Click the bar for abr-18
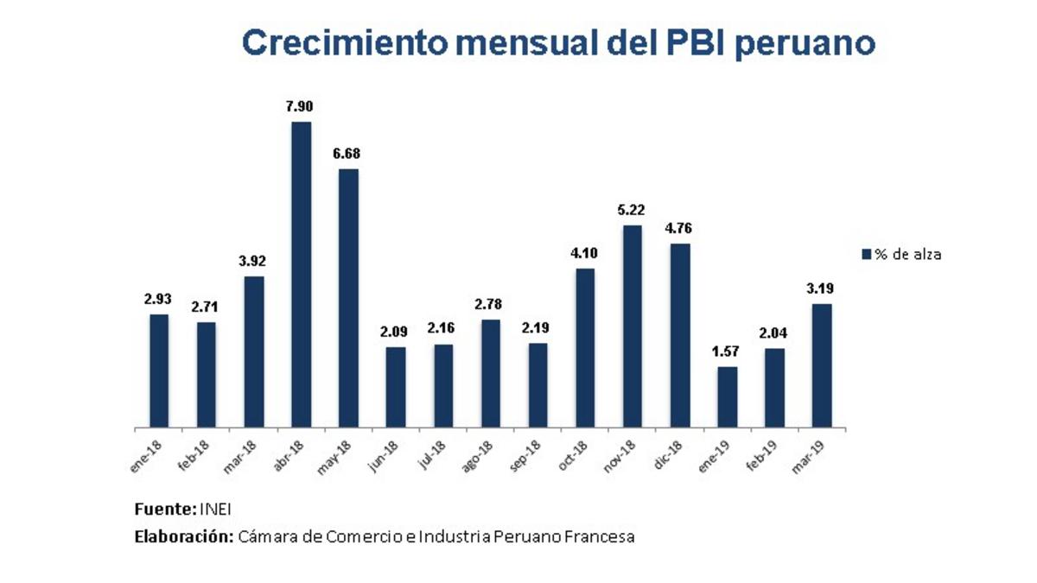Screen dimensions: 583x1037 coord(301,275)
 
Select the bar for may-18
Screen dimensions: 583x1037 coord(348,298)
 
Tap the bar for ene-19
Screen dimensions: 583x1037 coord(728,397)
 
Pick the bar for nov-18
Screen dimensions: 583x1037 coord(633,326)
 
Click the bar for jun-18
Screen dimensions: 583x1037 coord(396,387)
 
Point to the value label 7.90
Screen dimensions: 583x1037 coord(301,107)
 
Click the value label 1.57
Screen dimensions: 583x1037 coord(728,352)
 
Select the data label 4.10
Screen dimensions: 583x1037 coord(585,254)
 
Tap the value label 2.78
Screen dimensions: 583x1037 coord(490,305)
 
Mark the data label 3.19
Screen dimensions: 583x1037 coord(822,289)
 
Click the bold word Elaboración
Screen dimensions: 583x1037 coord(183,537)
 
